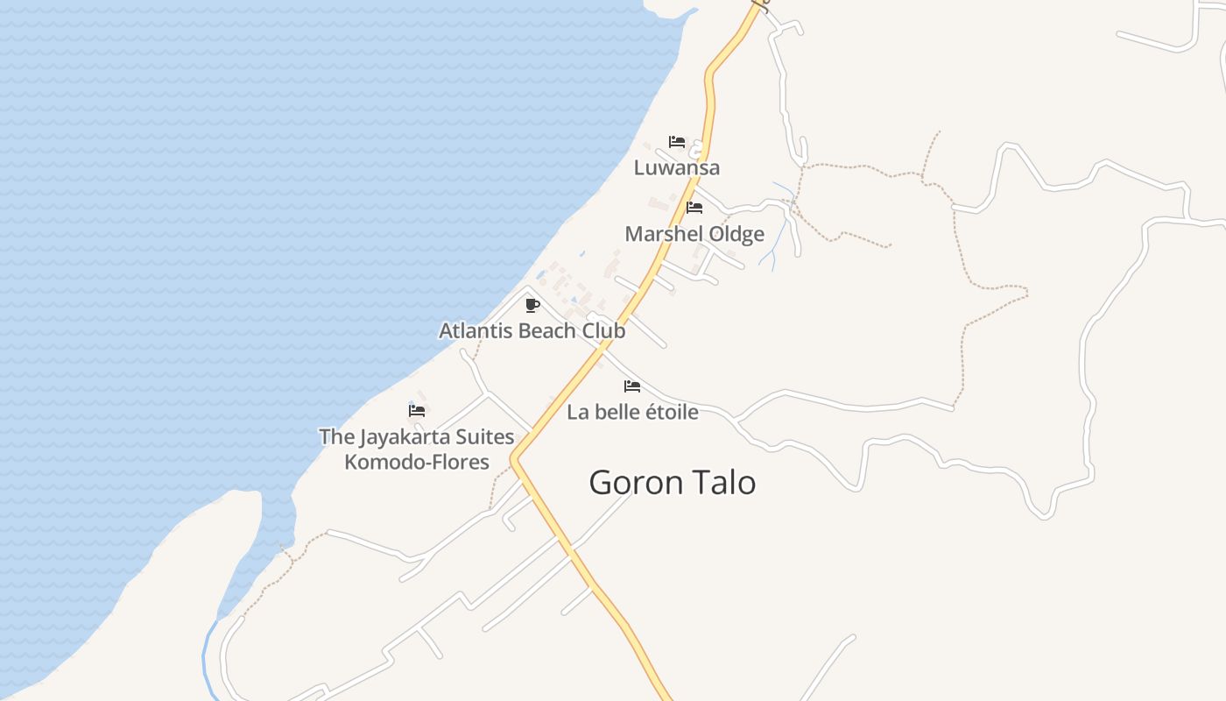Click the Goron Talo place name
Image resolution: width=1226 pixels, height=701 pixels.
672,483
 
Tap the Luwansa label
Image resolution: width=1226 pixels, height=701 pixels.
677,167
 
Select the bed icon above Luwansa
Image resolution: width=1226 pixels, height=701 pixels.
677,142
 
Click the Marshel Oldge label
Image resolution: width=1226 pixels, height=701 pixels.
694,234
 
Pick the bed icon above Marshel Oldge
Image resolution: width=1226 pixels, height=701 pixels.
694,208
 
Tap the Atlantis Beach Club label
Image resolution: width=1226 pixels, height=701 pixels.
532,330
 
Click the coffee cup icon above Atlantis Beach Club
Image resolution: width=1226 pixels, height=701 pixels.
532,305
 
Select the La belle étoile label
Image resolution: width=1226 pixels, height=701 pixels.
632,412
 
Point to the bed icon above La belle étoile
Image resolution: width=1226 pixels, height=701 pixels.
632,386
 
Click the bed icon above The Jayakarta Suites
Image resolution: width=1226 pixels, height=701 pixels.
417,410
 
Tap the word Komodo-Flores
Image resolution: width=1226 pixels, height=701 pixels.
417,462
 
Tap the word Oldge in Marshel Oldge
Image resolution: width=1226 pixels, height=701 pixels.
736,234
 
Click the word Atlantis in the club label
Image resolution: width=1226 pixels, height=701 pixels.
476,330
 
